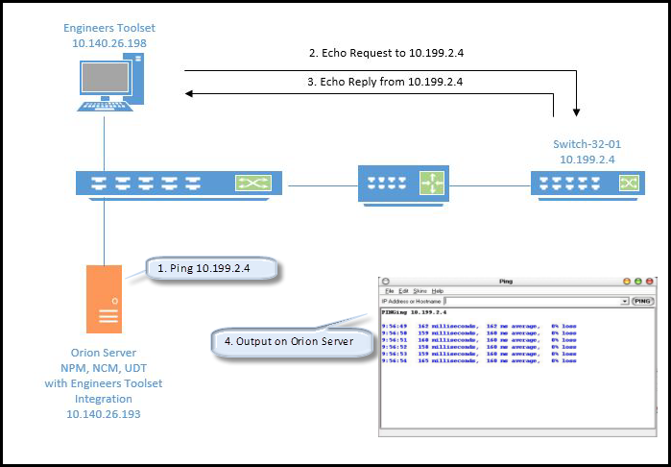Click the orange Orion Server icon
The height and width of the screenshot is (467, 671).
point(107,298)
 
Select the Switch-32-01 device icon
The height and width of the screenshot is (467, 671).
point(586,182)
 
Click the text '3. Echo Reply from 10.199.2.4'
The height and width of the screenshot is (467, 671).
point(382,82)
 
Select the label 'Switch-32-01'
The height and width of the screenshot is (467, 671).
point(587,144)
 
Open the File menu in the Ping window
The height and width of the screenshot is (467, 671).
point(390,290)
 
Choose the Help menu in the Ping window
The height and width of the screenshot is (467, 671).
point(438,290)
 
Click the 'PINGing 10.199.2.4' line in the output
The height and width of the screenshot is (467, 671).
point(415,312)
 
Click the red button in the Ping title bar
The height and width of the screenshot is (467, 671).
point(627,281)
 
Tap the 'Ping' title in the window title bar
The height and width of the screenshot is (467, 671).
point(507,281)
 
